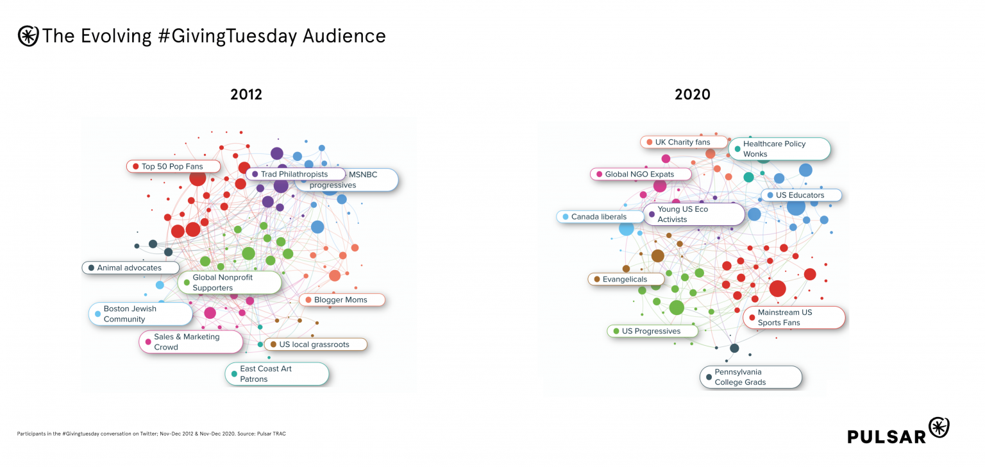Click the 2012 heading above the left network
[x=246, y=94]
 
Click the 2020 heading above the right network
[x=692, y=94]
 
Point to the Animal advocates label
[x=130, y=267]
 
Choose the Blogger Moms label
[x=341, y=300]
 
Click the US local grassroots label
[x=315, y=344]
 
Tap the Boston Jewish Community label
[x=140, y=314]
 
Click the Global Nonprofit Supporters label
[x=229, y=283]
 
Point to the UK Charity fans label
[x=684, y=142]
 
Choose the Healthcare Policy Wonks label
[x=779, y=149]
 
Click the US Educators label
[x=801, y=195]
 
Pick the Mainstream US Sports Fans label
[x=793, y=318]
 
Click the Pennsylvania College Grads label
[x=750, y=377]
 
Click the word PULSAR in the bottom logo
[x=887, y=436]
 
